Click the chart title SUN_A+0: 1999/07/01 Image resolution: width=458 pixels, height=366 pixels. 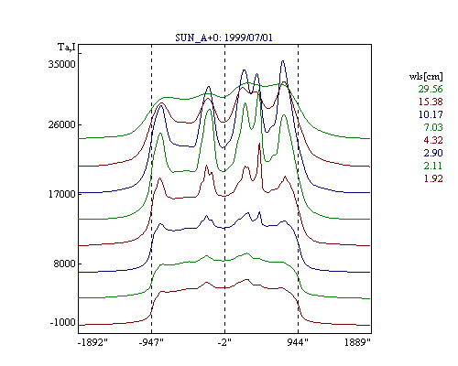[224, 38]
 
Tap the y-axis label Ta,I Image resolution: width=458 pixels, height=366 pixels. [67, 48]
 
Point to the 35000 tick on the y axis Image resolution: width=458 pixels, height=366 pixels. [61, 64]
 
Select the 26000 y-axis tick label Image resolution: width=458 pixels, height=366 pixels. [61, 124]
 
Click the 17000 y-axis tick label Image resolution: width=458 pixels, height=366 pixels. [61, 194]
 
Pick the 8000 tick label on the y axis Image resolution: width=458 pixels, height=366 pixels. [64, 264]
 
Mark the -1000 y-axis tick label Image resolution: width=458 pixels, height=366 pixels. [62, 322]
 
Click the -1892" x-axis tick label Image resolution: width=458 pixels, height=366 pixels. [93, 342]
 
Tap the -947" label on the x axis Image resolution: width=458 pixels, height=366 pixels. [151, 342]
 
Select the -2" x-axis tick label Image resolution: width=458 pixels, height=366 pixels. [224, 342]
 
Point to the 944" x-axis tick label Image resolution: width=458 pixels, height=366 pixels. [298, 342]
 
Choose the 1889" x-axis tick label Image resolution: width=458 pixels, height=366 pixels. [357, 342]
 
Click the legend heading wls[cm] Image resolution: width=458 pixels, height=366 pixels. [426, 76]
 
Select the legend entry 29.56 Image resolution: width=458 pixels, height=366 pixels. [431, 89]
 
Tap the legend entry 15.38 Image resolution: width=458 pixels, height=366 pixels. [431, 102]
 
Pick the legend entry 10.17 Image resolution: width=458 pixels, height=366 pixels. [431, 114]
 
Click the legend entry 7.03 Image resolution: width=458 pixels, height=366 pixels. [433, 127]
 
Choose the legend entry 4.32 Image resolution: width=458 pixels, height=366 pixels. [433, 140]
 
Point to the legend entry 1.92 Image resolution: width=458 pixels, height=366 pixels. [433, 178]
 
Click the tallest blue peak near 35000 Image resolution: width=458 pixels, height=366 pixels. [283, 61]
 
